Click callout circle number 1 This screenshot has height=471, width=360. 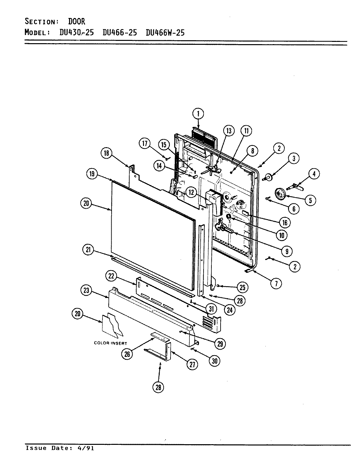[198, 114]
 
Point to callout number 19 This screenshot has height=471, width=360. [92, 174]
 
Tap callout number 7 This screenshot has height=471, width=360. [276, 283]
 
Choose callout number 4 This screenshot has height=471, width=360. [314, 174]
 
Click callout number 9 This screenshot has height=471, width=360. [287, 251]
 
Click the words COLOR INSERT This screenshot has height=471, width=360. [110, 343]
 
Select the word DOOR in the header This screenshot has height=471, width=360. [77, 22]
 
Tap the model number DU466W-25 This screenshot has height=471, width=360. [165, 32]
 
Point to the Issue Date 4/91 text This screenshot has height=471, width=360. [60, 448]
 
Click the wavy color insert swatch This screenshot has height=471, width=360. [113, 325]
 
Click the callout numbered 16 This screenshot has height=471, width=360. [284, 223]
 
